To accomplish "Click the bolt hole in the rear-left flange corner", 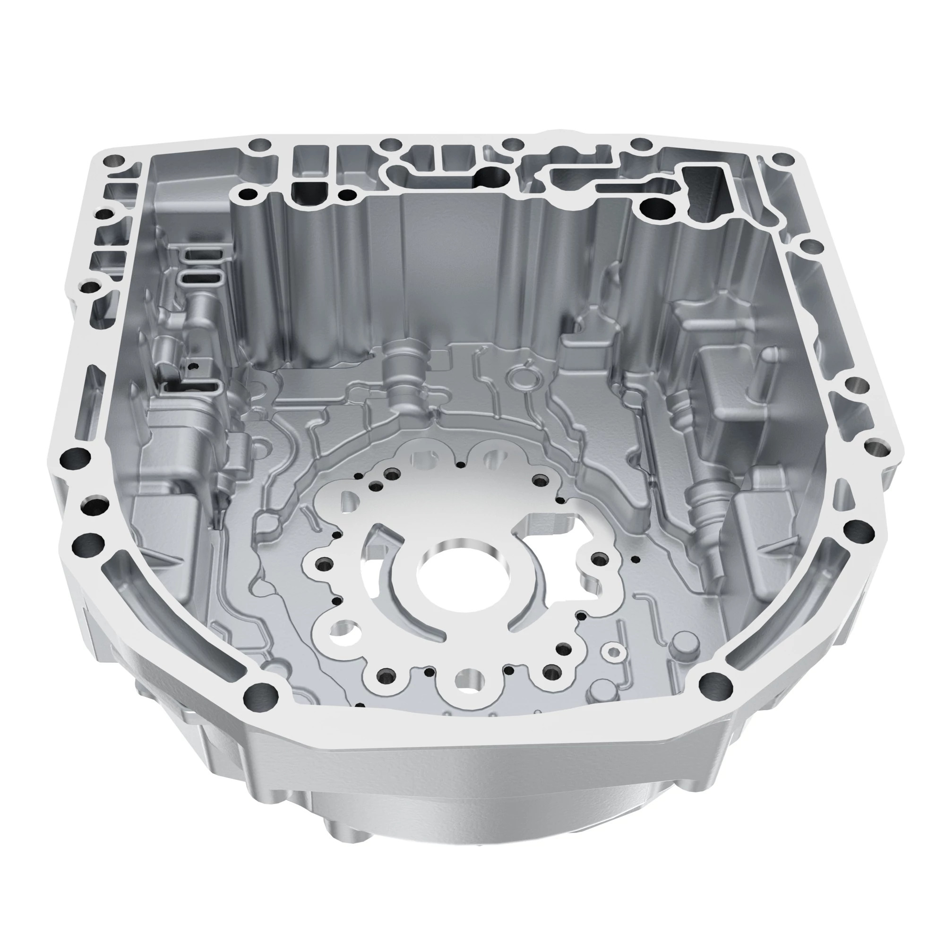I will pyautogui.click(x=116, y=161).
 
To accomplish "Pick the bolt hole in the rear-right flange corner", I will pyautogui.click(x=783, y=159).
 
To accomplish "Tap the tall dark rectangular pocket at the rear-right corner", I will pyautogui.click(x=704, y=193).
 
